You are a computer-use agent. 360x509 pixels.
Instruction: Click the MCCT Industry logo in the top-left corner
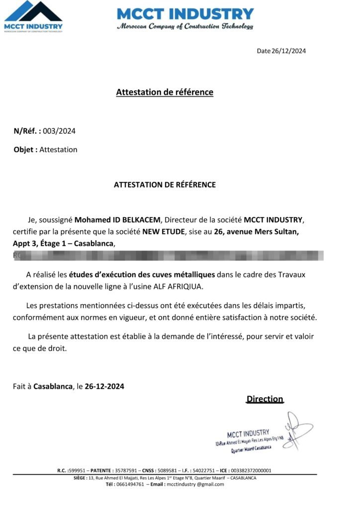[33, 16]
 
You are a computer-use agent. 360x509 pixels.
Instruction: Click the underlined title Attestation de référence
[165, 92]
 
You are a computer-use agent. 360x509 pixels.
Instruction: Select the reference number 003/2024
[59, 131]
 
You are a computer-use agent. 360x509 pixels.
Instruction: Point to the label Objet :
[25, 149]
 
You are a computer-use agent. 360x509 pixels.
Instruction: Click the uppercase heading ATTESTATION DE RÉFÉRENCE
[165, 184]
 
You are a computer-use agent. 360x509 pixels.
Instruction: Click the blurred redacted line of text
[169, 256]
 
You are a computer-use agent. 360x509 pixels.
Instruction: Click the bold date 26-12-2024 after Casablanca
[104, 386]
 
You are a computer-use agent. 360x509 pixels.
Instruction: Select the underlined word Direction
[265, 399]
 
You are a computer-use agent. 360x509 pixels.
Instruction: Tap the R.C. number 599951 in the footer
[79, 470]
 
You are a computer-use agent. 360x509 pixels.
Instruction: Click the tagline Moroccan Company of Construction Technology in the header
[185, 26]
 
